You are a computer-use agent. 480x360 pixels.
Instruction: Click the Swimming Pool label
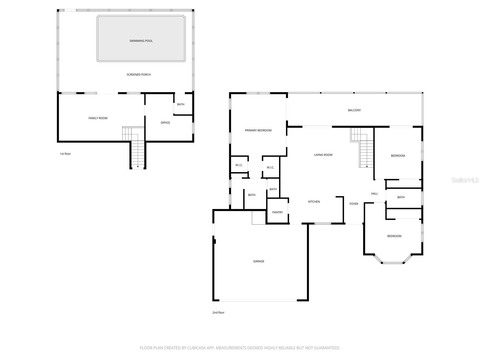tap(141, 41)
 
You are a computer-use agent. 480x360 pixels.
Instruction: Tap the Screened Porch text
tap(139, 74)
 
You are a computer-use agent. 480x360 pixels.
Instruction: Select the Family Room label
tap(98, 118)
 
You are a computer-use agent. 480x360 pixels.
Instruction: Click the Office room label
tap(165, 123)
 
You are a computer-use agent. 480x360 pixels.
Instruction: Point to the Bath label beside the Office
tap(181, 104)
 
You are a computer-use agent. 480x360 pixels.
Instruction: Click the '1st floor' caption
tap(65, 154)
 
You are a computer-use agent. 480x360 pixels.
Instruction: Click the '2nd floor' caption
tap(218, 313)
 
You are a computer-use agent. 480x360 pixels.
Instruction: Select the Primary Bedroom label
tap(258, 130)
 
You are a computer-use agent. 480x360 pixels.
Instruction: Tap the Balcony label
tap(354, 110)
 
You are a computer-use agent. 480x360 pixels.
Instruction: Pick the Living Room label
tap(323, 155)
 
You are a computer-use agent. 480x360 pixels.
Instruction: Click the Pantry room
tap(277, 212)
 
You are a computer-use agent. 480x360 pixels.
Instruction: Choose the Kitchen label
tap(314, 202)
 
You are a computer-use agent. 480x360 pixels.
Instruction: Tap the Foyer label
tap(354, 204)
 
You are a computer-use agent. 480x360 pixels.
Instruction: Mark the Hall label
tap(374, 194)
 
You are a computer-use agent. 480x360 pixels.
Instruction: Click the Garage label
tap(259, 262)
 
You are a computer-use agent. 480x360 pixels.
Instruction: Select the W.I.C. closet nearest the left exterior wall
tap(239, 165)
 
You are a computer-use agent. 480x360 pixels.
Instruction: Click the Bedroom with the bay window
tap(394, 236)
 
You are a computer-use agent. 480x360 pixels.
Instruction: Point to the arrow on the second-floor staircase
tap(367, 166)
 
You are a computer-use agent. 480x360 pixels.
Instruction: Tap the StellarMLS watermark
tap(465, 180)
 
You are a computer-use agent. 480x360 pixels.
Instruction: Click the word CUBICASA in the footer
tap(198, 348)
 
